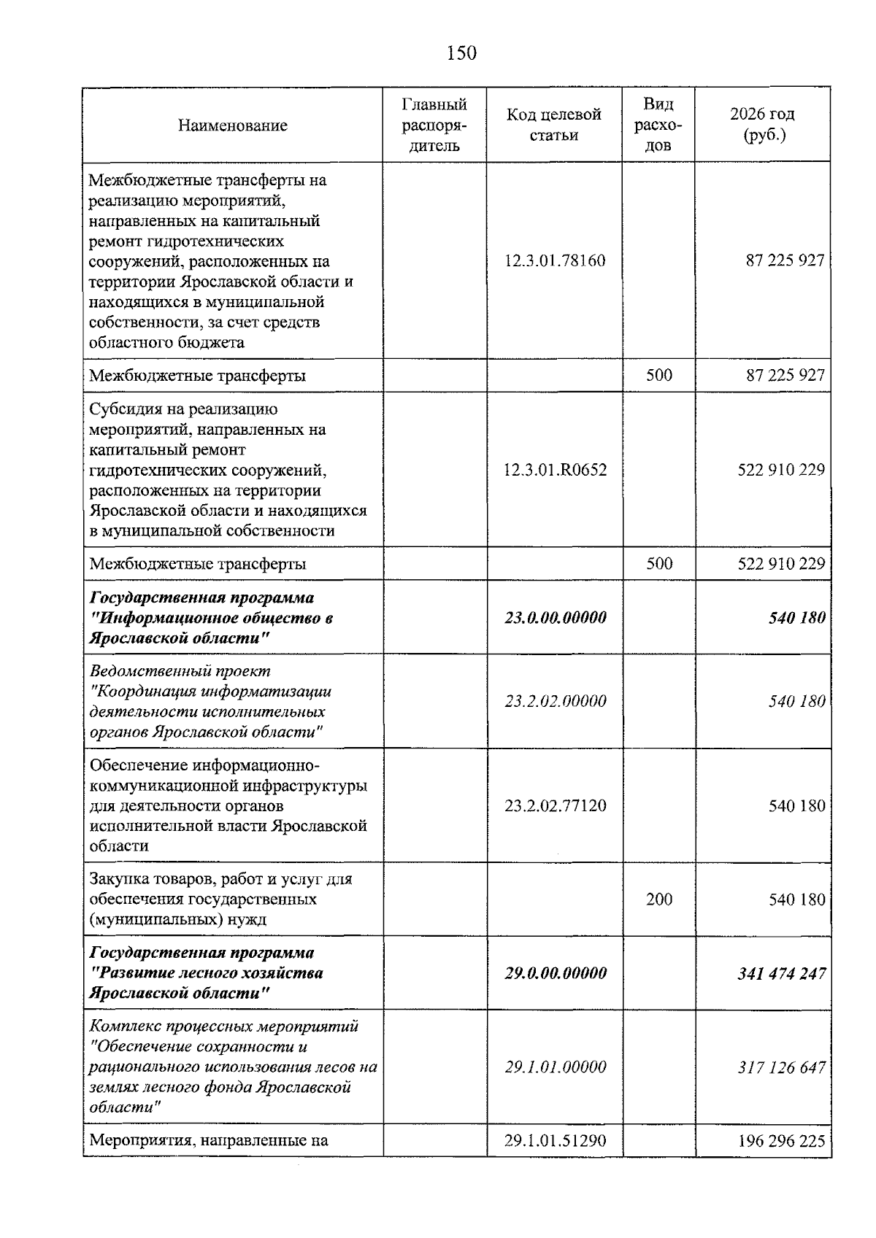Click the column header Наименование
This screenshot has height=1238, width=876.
click(232, 125)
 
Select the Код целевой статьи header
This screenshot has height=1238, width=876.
click(554, 125)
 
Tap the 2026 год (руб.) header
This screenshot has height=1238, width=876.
click(762, 125)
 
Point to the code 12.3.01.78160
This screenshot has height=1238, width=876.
click(555, 260)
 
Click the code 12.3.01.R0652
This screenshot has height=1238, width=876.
click(555, 469)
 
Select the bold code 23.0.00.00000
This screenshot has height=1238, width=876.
click(555, 617)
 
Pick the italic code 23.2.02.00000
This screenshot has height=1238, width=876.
click(555, 701)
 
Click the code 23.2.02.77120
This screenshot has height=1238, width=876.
click(555, 805)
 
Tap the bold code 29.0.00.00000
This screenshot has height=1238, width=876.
click(555, 972)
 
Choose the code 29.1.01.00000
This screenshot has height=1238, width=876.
click(555, 1067)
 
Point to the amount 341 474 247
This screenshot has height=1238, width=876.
click(781, 972)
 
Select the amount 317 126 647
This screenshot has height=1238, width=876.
click(781, 1067)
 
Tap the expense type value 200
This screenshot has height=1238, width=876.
click(658, 899)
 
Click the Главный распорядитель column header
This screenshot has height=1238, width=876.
click(434, 125)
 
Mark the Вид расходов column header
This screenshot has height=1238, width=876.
click(658, 125)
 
